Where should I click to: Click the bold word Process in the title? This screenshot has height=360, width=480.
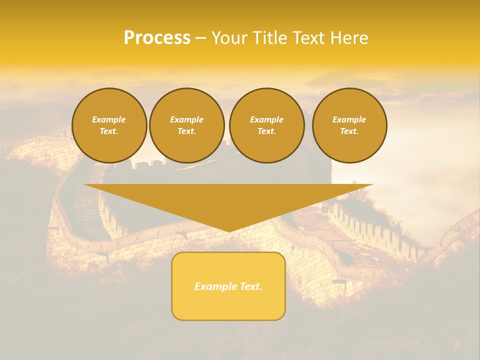[x=157, y=38]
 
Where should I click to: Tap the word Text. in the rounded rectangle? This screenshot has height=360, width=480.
[x=250, y=286]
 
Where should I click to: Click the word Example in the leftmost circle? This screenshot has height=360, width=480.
[x=109, y=119]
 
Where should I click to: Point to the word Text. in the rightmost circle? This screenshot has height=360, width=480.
[x=349, y=131]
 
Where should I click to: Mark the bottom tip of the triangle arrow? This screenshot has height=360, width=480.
[x=229, y=231]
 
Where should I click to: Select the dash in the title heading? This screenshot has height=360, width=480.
[x=200, y=38]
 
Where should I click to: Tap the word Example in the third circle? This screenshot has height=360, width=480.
[x=266, y=119]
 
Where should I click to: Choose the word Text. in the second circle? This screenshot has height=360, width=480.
[x=186, y=131]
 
